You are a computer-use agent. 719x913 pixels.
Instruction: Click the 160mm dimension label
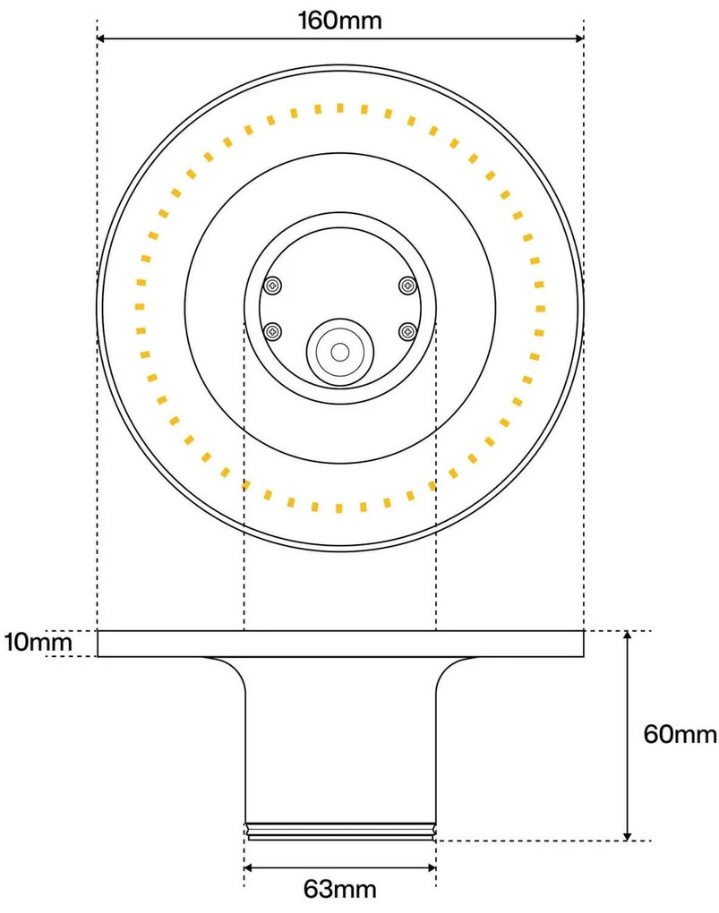339,20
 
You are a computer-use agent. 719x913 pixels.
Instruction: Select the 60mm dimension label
680,735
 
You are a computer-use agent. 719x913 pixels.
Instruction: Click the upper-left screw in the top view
272,286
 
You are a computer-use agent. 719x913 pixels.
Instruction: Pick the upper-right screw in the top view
407,286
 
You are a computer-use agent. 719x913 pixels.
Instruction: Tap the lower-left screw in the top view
272,332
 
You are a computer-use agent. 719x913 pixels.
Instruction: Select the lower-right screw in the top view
407,332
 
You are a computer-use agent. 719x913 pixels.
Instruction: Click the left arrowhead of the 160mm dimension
102,38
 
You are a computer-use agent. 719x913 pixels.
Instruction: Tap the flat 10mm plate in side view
339,644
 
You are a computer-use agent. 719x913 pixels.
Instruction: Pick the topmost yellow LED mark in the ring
339,108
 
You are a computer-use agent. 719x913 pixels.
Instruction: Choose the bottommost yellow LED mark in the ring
339,508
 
